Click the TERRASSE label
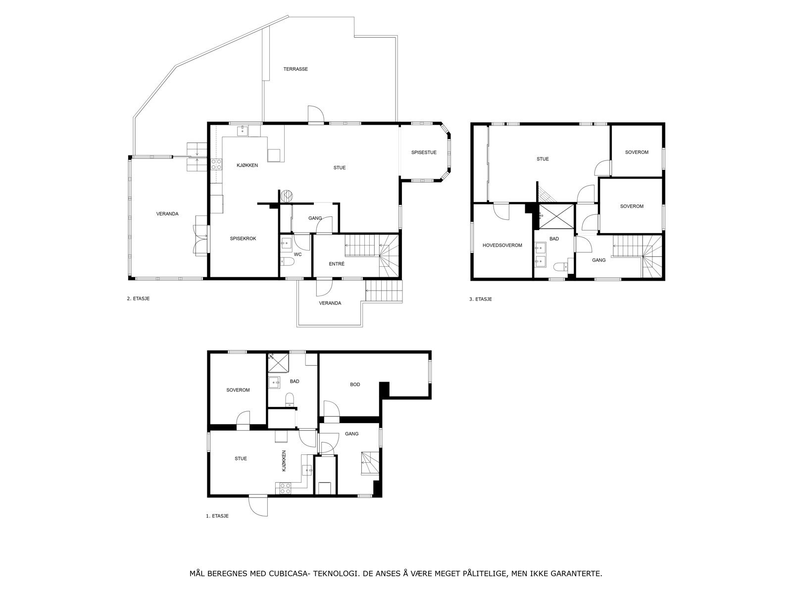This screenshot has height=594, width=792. click(296, 69)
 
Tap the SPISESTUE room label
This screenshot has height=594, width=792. click(424, 152)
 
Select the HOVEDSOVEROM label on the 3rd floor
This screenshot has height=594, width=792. click(502, 245)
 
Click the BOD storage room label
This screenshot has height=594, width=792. click(355, 385)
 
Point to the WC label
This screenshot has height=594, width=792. click(297, 254)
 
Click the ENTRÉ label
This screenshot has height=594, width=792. click(337, 264)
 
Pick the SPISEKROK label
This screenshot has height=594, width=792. click(243, 239)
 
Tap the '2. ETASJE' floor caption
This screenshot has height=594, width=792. click(138, 298)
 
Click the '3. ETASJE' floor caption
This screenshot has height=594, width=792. click(480, 299)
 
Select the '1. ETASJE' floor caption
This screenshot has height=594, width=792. click(217, 516)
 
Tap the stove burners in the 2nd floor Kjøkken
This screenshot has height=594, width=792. click(216, 164)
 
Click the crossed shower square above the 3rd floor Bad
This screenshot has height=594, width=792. click(556, 216)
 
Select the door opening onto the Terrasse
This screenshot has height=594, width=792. click(316, 115)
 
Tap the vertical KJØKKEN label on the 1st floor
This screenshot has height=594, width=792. click(284, 461)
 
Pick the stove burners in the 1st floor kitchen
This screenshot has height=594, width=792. click(283, 489)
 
